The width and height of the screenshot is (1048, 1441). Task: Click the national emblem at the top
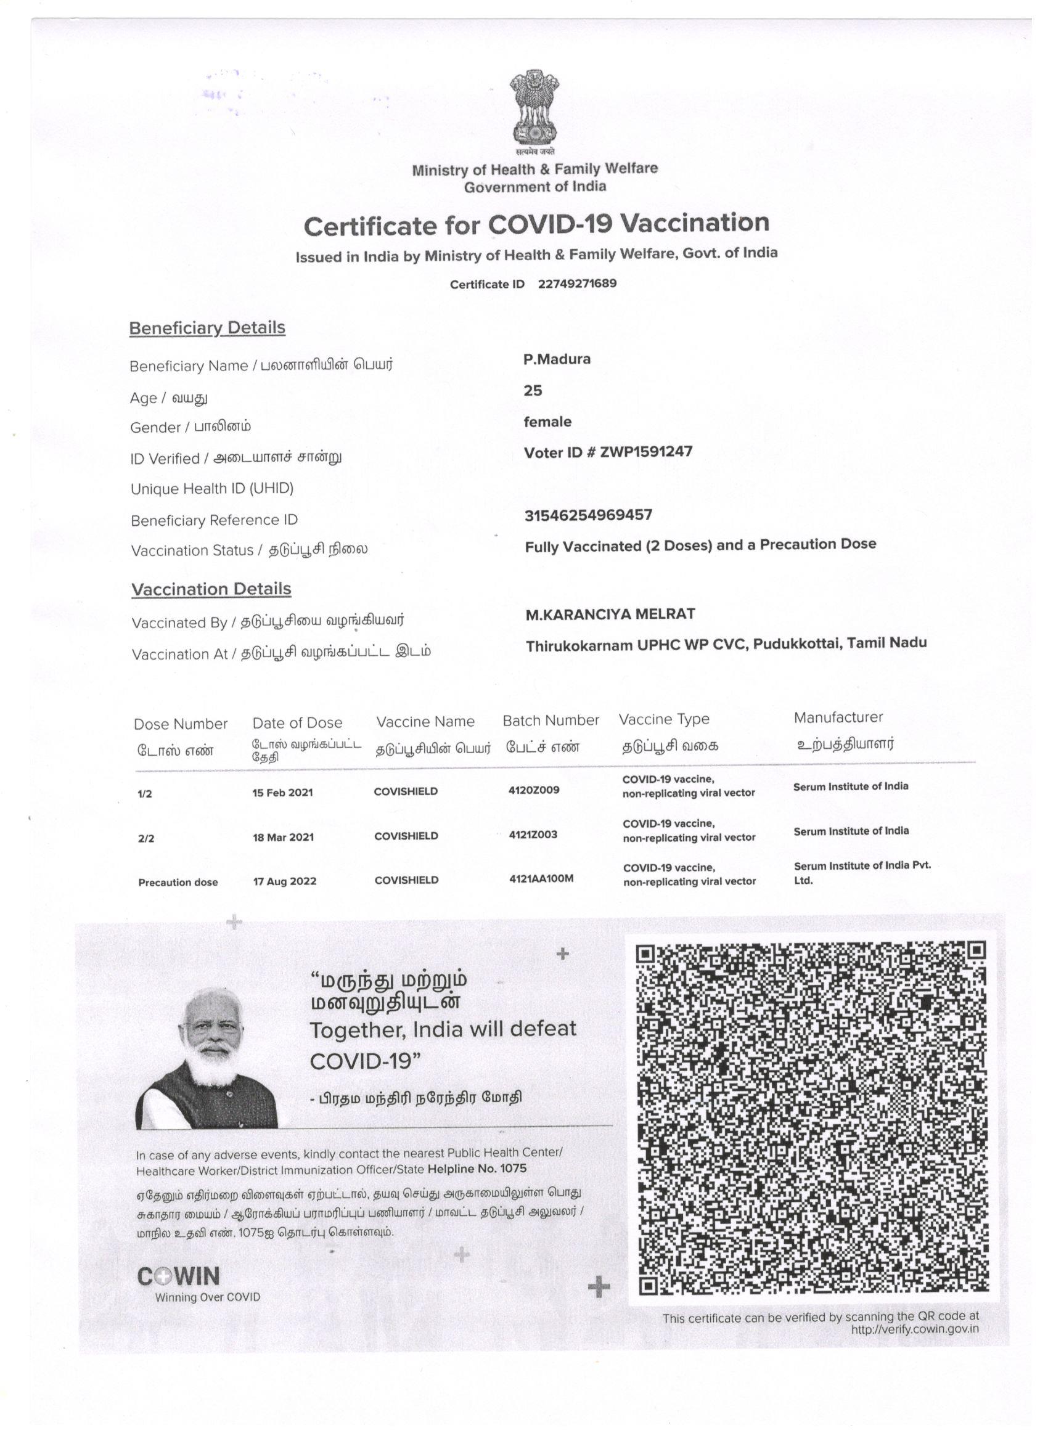534,108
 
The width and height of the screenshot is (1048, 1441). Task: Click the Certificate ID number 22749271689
576,284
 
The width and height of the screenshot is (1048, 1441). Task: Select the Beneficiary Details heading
207,328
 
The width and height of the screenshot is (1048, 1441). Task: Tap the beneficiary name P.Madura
557,359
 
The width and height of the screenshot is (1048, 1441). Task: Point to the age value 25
533,391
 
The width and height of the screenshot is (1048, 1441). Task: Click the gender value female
547,422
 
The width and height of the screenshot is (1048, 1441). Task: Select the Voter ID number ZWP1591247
645,452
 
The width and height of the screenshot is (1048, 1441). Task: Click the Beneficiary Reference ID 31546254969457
588,515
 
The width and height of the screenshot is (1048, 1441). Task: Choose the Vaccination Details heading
211,589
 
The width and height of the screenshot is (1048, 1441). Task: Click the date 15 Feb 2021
282,792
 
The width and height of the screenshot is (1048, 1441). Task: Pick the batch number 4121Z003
533,835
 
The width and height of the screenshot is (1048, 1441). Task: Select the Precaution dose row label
178,882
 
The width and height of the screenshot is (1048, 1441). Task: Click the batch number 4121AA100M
541,878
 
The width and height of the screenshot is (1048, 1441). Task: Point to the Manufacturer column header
838,717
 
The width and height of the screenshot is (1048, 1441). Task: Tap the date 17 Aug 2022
284,881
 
